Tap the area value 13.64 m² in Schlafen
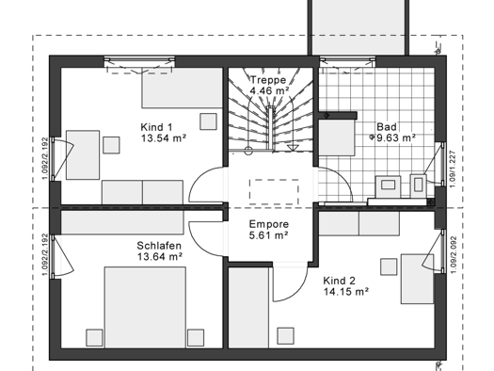pyautogui.click(x=160, y=257)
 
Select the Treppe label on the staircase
pyautogui.click(x=268, y=80)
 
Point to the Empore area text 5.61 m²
pyautogui.click(x=269, y=235)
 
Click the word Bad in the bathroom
pyautogui.click(x=387, y=127)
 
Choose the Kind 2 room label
pyautogui.click(x=340, y=281)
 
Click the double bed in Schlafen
pyautogui.click(x=145, y=307)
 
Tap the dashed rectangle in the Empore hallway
pyautogui.click(x=274, y=192)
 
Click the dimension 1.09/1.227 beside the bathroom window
pyautogui.click(x=453, y=169)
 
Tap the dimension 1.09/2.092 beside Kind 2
pyautogui.click(x=454, y=255)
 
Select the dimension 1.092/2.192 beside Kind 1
pyautogui.click(x=45, y=158)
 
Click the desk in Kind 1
pyautogui.click(x=83, y=154)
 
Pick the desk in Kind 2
pyautogui.click(x=417, y=279)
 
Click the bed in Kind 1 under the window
pyautogui.click(x=183, y=88)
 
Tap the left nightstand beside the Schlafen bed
pyautogui.click(x=94, y=338)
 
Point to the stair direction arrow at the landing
pyautogui.click(x=293, y=148)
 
